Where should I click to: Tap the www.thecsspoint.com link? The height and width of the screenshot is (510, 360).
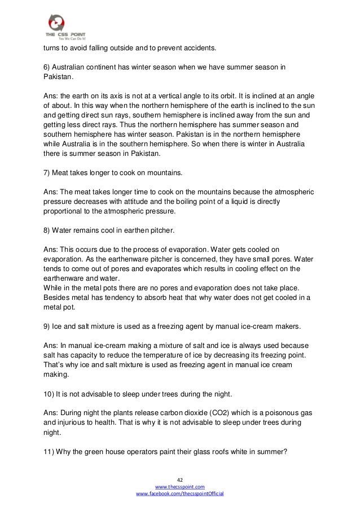(x=180, y=486)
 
